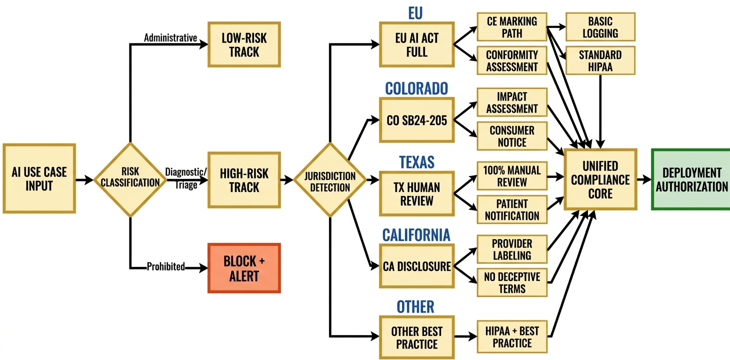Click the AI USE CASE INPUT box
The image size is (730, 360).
(39, 179)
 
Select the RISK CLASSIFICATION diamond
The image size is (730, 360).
(130, 179)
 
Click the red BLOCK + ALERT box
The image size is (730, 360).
(244, 268)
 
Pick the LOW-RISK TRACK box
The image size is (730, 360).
(244, 44)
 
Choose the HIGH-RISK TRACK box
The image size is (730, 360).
(244, 180)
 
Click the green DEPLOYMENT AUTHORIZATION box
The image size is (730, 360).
(691, 179)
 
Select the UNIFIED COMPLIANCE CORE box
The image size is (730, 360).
(600, 179)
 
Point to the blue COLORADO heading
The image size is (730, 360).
(416, 88)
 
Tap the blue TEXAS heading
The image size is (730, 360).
(416, 162)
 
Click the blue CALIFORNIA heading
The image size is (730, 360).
(416, 234)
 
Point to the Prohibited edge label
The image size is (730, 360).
(166, 267)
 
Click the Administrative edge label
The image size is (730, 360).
(170, 38)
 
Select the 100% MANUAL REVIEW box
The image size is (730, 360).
(512, 176)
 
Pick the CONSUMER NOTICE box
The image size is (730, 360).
(512, 136)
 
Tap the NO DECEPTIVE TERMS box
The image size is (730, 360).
(512, 282)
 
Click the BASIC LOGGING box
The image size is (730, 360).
(600, 27)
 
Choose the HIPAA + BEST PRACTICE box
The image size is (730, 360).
(512, 337)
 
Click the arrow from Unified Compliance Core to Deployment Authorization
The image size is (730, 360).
(644, 179)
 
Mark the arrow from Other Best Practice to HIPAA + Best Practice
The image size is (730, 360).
(465, 337)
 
